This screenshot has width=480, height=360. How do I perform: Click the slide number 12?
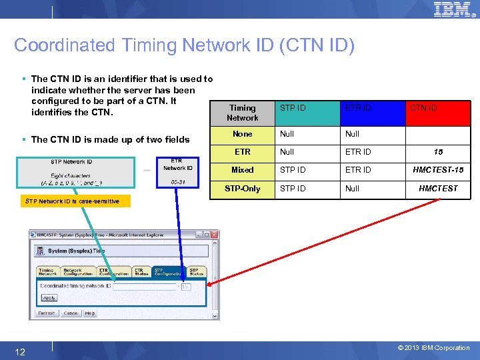click(x=20, y=351)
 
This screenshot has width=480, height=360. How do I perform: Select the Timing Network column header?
click(x=242, y=113)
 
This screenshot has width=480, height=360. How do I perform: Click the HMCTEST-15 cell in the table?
click(x=438, y=170)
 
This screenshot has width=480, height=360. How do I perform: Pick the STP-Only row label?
click(x=242, y=189)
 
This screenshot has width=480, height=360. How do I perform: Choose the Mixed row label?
click(x=242, y=170)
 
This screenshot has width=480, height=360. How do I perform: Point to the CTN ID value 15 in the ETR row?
click(x=438, y=152)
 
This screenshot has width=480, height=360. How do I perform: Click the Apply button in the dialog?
click(x=49, y=298)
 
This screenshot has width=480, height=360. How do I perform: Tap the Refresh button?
click(x=47, y=313)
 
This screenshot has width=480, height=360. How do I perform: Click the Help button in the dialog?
click(x=89, y=313)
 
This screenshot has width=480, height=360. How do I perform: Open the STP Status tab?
click(x=196, y=271)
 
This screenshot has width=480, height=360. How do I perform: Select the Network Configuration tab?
click(x=77, y=271)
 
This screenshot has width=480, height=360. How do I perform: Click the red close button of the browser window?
click(x=215, y=235)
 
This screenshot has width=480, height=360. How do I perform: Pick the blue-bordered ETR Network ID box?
click(x=177, y=173)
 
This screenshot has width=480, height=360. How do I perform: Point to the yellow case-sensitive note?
click(x=71, y=201)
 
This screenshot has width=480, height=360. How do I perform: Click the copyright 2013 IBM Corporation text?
click(x=433, y=348)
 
